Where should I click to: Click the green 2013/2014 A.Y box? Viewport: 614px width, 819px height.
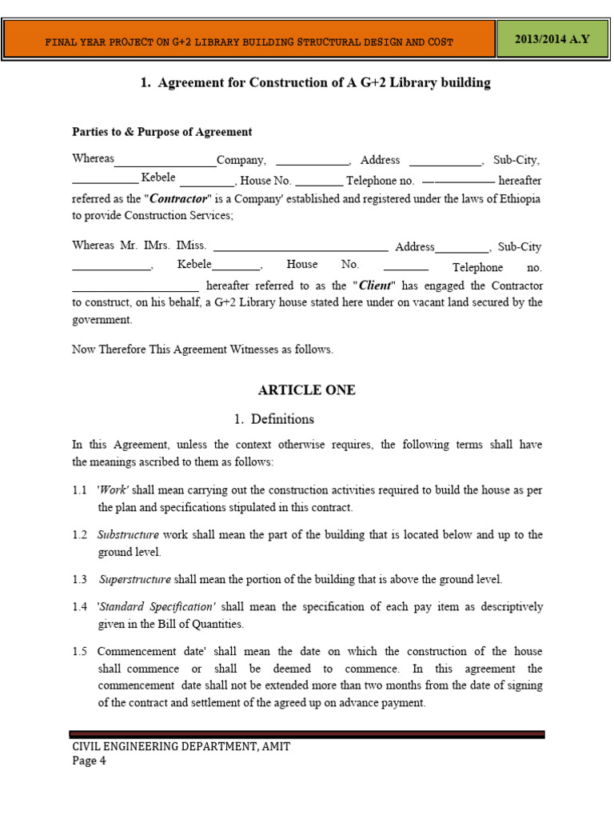point(552,39)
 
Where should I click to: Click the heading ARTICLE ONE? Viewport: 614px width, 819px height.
point(306,390)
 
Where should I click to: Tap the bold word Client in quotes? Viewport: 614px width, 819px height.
point(376,286)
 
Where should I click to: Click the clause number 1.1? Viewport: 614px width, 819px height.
point(79,490)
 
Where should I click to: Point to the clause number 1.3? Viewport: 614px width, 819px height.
point(79,579)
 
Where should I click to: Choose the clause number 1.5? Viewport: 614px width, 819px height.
point(79,652)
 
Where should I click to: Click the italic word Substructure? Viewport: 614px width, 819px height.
point(128,535)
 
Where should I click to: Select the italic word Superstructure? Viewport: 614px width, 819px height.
point(135,579)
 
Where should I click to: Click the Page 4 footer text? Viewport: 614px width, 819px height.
point(89,761)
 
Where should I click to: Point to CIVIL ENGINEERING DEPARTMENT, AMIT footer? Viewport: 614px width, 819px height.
point(181,746)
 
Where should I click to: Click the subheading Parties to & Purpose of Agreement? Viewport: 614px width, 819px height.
point(161,132)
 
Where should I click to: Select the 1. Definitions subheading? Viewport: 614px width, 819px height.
point(274,419)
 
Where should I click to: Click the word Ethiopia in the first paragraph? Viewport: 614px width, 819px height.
point(520,198)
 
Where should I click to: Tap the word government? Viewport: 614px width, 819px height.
point(102,320)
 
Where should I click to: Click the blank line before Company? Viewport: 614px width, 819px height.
point(165,164)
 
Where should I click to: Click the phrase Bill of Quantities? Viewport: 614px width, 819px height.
point(210,624)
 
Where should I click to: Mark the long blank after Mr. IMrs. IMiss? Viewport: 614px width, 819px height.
point(301,250)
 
